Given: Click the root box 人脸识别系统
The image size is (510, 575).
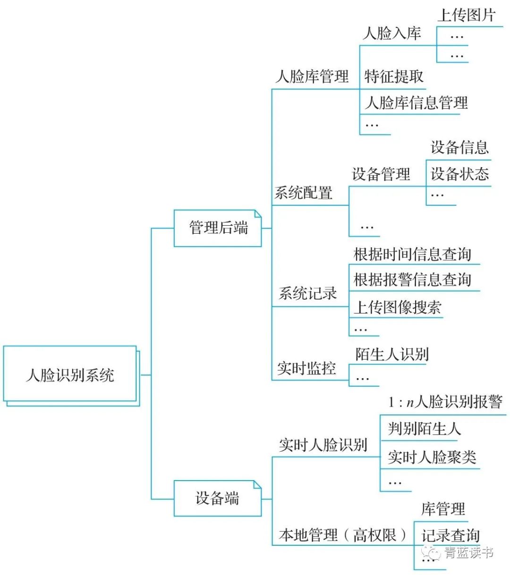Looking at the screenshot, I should point(70,375).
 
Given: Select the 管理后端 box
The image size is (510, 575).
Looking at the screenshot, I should point(218,228).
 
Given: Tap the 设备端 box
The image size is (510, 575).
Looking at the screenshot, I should point(218,498).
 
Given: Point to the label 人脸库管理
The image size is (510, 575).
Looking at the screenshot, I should point(312,76).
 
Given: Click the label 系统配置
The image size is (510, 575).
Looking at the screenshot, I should point(304,193).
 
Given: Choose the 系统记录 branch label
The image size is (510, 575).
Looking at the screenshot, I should point(307,293).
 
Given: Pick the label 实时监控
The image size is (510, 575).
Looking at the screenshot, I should point(306,368).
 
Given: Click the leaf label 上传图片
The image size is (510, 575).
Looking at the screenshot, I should point(466,16).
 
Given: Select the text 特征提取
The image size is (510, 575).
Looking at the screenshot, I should point(394,76).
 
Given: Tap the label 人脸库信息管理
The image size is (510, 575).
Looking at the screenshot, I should point(416,102).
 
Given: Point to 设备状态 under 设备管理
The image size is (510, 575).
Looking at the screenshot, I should point(459,174).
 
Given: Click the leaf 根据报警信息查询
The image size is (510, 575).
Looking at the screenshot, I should point(412,279).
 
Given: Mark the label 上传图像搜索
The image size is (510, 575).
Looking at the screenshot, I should point(398,307).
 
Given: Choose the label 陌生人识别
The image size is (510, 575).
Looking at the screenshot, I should point(392,354).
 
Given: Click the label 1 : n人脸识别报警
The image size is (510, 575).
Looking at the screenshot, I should point(445,402).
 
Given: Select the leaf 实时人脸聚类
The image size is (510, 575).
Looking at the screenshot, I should point(432,457).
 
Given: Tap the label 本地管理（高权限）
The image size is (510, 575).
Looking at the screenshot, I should point(342,535).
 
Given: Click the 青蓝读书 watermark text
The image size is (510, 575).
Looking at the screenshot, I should point(468,553).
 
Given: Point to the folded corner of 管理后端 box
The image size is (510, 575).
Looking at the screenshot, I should point(257,214).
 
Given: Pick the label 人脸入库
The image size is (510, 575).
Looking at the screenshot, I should point(392,33).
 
